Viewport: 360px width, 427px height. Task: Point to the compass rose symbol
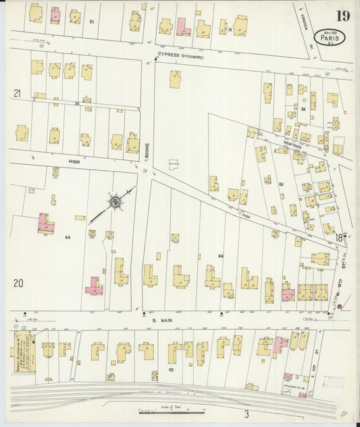(115, 201)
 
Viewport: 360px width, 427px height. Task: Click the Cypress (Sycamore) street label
(180, 57)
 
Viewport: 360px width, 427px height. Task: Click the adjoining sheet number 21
(18, 93)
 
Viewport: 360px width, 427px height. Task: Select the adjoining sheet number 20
(18, 282)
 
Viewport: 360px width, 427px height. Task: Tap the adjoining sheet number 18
(328, 229)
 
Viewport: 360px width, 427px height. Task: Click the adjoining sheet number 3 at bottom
(247, 413)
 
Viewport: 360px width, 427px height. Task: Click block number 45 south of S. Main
(152, 370)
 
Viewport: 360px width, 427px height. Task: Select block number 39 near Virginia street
(303, 109)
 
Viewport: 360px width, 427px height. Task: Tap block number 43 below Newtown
(280, 184)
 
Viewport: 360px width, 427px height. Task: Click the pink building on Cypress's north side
(183, 27)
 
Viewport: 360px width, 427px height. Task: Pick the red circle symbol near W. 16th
(339, 307)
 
